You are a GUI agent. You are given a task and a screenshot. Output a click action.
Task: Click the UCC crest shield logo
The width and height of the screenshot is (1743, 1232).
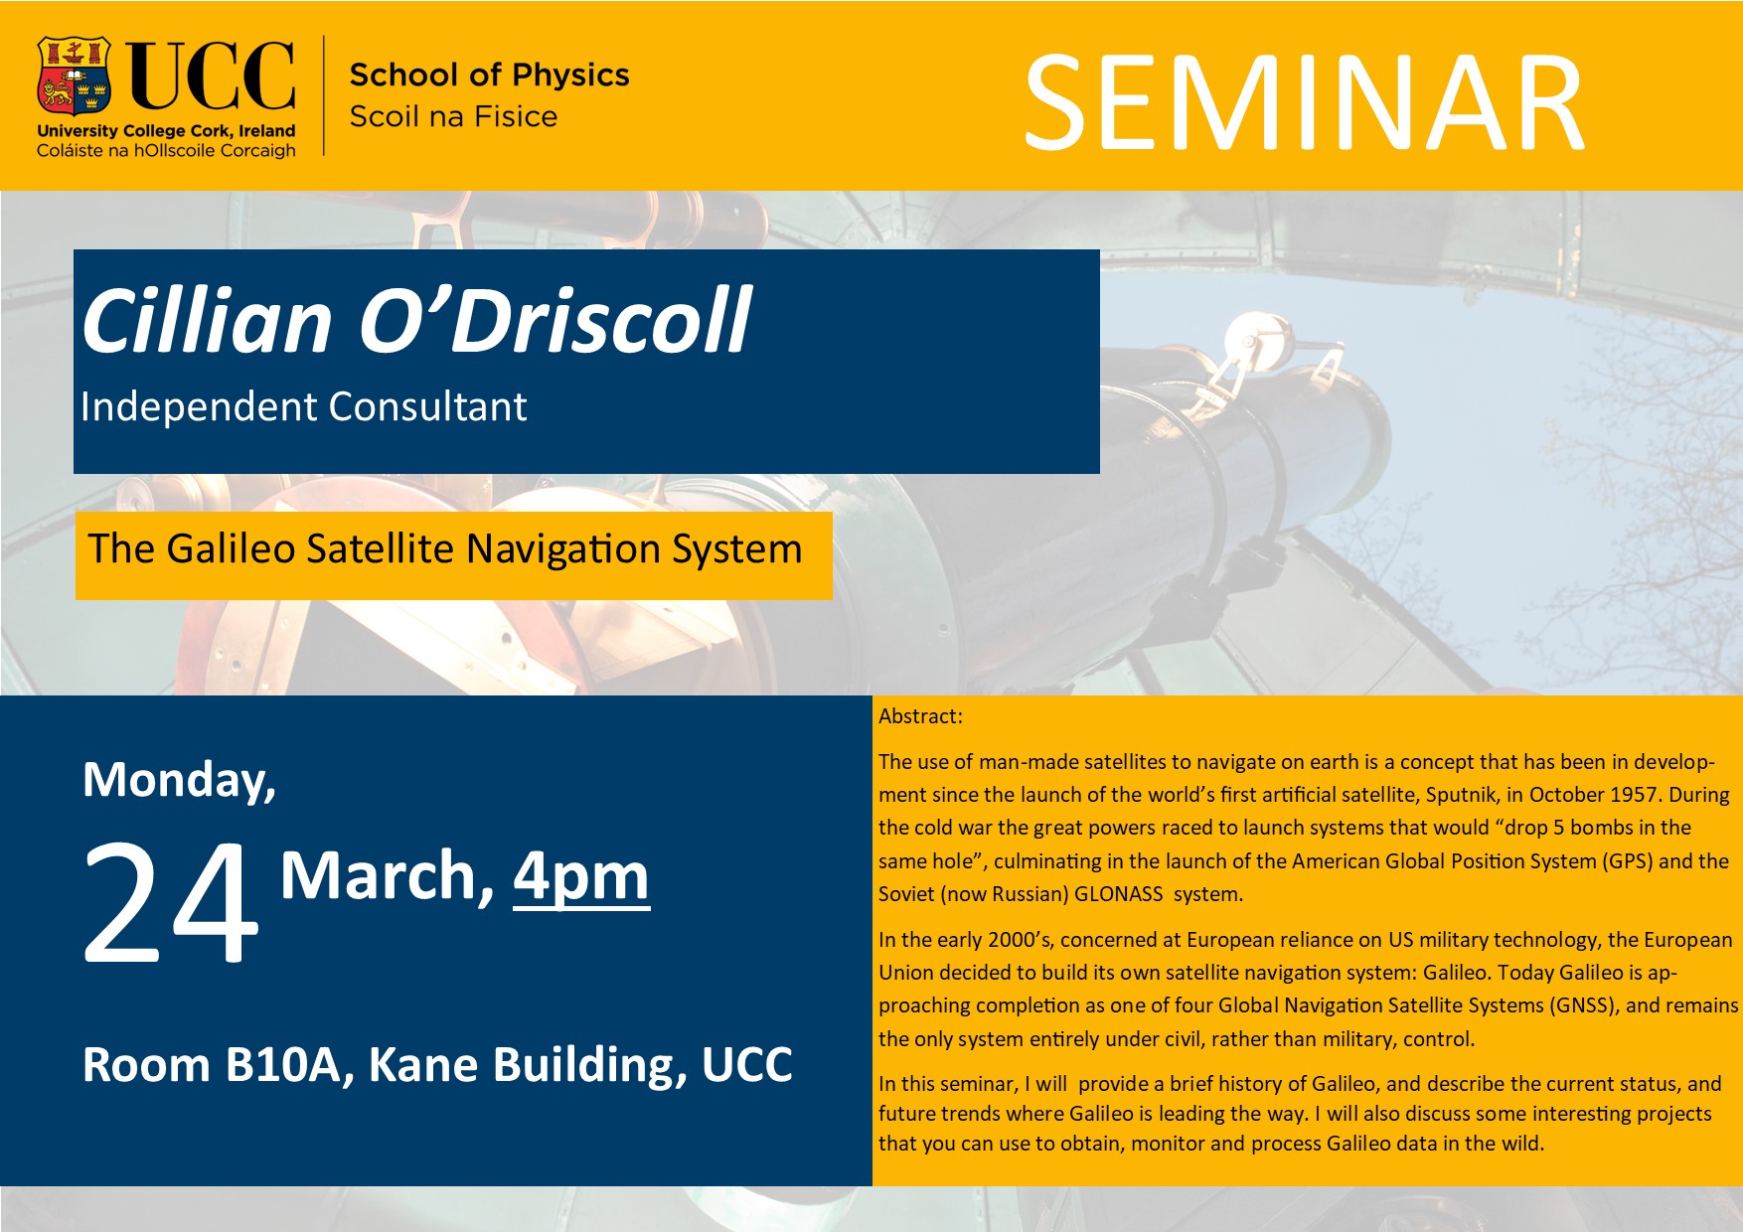point(74,77)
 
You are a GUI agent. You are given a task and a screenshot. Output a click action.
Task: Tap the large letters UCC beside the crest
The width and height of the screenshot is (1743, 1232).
point(210,76)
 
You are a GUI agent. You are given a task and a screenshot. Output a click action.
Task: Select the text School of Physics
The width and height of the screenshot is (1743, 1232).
point(489,75)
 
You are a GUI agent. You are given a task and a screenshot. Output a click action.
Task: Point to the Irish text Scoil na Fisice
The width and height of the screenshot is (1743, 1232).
point(453,116)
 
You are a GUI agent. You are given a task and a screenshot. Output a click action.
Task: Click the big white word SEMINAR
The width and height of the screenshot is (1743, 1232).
point(1304,103)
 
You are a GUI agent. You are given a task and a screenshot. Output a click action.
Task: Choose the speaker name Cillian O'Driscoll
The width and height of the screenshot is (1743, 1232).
point(416,320)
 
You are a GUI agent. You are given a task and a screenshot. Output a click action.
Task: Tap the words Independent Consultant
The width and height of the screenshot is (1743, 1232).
point(303,406)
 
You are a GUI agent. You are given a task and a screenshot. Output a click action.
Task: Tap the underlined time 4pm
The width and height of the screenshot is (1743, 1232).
point(581,875)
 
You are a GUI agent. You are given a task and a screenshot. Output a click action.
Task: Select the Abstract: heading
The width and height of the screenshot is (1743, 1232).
point(920,715)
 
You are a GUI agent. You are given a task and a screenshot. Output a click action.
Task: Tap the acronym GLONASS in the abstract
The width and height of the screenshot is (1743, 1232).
point(1118,893)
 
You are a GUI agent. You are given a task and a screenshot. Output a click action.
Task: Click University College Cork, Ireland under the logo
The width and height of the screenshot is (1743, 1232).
point(166,130)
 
